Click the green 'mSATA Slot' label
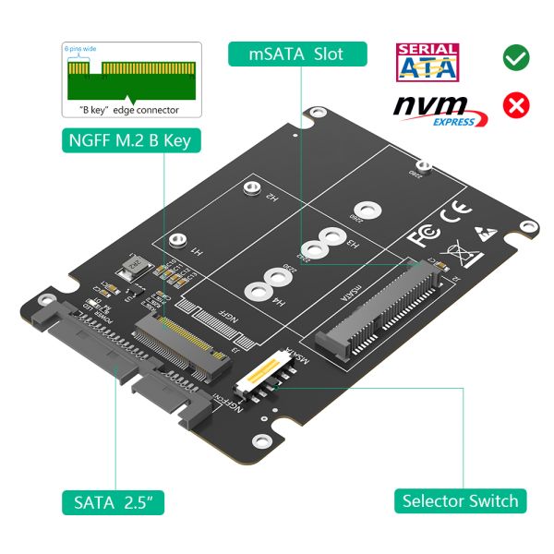click(297, 54)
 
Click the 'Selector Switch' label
click(460, 501)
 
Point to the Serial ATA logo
click(427, 62)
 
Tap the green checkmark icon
click(515, 57)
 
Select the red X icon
click(515, 105)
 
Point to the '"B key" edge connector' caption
click(133, 110)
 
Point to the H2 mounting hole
click(248, 190)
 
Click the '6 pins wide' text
click(80, 48)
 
